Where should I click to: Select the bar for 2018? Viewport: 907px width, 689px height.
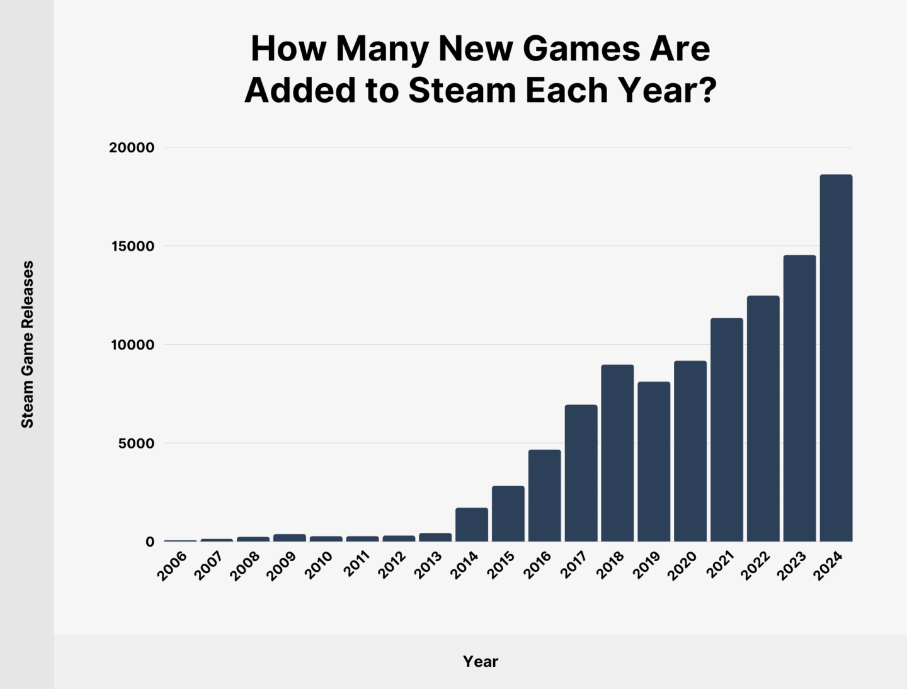click(617, 453)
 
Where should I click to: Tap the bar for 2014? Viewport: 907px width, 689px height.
click(472, 525)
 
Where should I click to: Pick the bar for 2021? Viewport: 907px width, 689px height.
click(727, 430)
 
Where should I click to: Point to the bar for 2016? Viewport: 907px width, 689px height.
click(544, 496)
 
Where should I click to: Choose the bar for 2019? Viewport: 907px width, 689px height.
click(654, 462)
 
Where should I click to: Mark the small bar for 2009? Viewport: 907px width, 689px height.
click(289, 538)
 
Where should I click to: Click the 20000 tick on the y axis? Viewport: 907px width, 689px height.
click(132, 148)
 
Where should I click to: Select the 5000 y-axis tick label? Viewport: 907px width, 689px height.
click(136, 443)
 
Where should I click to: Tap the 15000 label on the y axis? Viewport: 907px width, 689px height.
click(132, 246)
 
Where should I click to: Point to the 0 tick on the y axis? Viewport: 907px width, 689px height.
click(150, 542)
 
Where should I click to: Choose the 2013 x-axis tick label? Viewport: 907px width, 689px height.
click(428, 565)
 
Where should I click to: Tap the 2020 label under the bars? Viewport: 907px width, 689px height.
click(683, 565)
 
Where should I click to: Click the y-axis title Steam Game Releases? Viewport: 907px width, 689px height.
click(28, 344)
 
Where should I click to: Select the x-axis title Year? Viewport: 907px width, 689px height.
click(481, 661)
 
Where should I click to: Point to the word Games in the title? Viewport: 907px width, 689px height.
click(581, 48)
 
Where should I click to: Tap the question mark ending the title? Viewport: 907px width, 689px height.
click(707, 90)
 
